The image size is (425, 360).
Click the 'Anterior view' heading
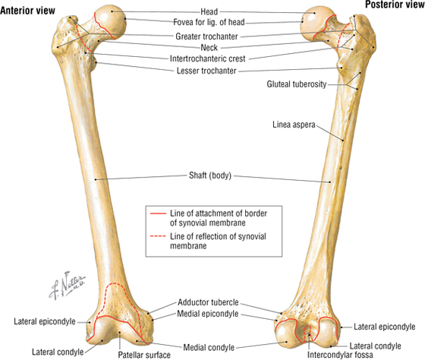pyautogui.click(x=27, y=11)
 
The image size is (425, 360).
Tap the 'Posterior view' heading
pyautogui.click(x=395, y=5)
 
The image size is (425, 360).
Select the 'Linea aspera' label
pyautogui.click(x=294, y=125)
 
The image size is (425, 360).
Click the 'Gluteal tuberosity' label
pyautogui.click(x=297, y=84)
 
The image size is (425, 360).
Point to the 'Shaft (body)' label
pyautogui.click(x=210, y=175)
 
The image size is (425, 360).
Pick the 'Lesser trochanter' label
pyautogui.click(x=206, y=71)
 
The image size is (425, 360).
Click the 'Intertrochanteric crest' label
pyautogui.click(x=207, y=58)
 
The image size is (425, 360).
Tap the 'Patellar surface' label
pyautogui.click(x=144, y=355)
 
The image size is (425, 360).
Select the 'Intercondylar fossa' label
pyautogui.click(x=340, y=355)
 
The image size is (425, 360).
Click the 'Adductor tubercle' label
pyautogui.click(x=208, y=302)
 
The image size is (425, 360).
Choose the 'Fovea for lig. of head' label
pyautogui.click(x=209, y=22)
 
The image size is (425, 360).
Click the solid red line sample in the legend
pyautogui.click(x=158, y=213)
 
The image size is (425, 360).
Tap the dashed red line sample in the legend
pyautogui.click(x=158, y=236)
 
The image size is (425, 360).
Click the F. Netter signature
pyautogui.click(x=67, y=286)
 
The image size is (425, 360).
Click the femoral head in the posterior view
pyautogui.click(x=318, y=22)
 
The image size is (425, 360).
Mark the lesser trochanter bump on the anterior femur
pyautogui.click(x=94, y=65)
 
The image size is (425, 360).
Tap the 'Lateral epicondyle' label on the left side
pyautogui.click(x=45, y=322)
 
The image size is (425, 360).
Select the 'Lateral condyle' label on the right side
pyautogui.click(x=375, y=346)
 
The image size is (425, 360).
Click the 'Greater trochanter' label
pyautogui.click(x=206, y=36)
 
